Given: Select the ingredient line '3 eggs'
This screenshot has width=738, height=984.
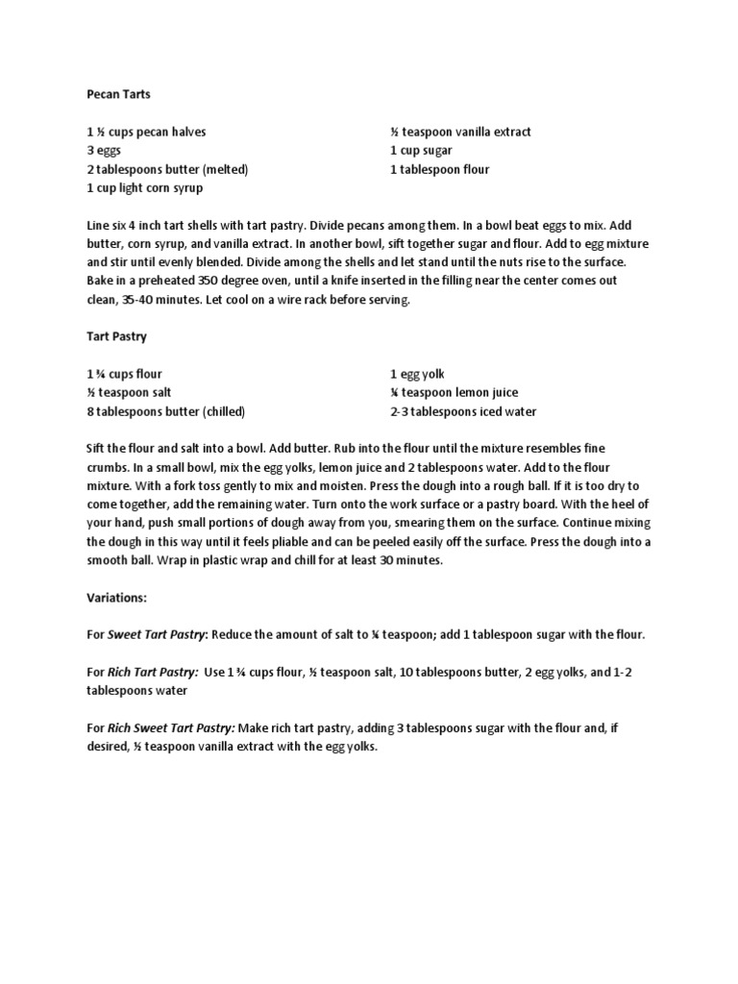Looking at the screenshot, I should point(102,151).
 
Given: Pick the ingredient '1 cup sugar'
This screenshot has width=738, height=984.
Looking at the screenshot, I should point(421,151).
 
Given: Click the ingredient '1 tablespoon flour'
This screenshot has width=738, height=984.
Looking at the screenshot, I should point(439,170).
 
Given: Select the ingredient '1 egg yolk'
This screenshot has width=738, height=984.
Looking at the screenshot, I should point(417,374).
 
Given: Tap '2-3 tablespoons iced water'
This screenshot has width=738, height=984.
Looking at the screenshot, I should point(463,411).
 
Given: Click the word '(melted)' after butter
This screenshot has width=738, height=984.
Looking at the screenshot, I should point(225,170).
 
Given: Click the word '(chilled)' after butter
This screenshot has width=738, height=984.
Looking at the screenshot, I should point(223,411).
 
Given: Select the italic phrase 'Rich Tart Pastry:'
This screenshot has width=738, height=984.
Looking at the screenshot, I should point(153,672).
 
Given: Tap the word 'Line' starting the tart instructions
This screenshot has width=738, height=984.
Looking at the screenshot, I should point(97,225).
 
